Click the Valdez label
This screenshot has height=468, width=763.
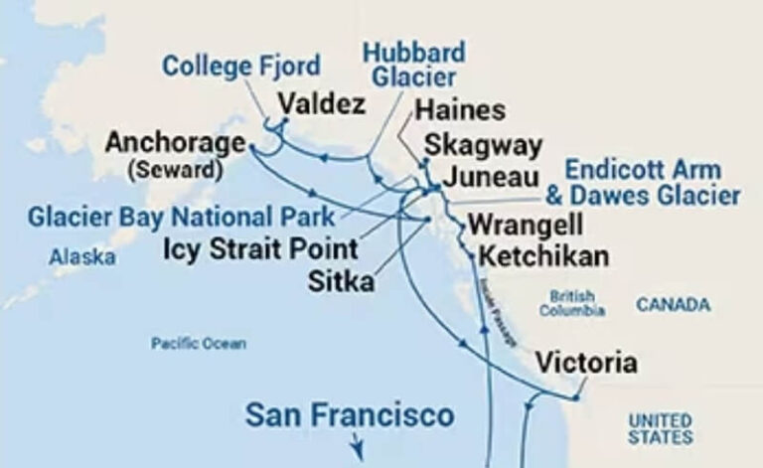pyautogui.click(x=322, y=104)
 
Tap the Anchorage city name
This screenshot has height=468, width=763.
pyautogui.click(x=175, y=143)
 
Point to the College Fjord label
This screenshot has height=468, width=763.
pyautogui.click(x=241, y=67)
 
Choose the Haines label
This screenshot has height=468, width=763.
pyautogui.click(x=460, y=110)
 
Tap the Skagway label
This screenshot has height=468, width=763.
pyautogui.click(x=483, y=145)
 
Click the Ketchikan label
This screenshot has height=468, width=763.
pyautogui.click(x=543, y=256)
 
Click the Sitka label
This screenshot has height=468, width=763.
pyautogui.click(x=341, y=281)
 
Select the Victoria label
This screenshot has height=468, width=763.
pyautogui.click(x=586, y=364)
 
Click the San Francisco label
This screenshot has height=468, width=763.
pyautogui.click(x=350, y=414)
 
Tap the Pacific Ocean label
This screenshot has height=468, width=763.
pyautogui.click(x=199, y=344)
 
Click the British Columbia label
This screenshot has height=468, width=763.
pyautogui.click(x=572, y=303)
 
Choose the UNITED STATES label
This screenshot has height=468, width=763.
pyautogui.click(x=660, y=429)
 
